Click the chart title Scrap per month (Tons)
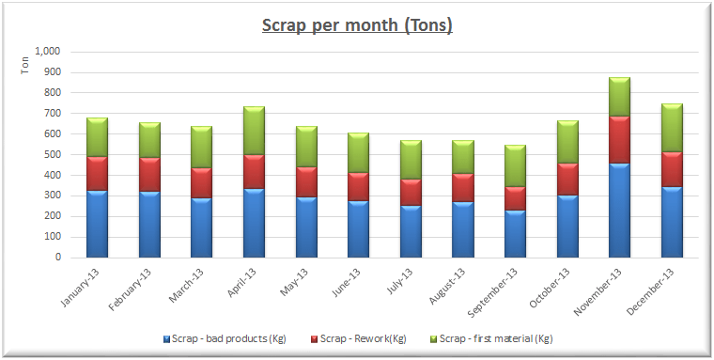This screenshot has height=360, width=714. click(356, 25)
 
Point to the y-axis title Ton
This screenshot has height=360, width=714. click(25, 65)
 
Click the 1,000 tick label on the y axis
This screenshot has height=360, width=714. click(47, 52)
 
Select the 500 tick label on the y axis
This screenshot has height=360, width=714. click(53, 154)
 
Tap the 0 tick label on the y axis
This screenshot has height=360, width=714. click(58, 257)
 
